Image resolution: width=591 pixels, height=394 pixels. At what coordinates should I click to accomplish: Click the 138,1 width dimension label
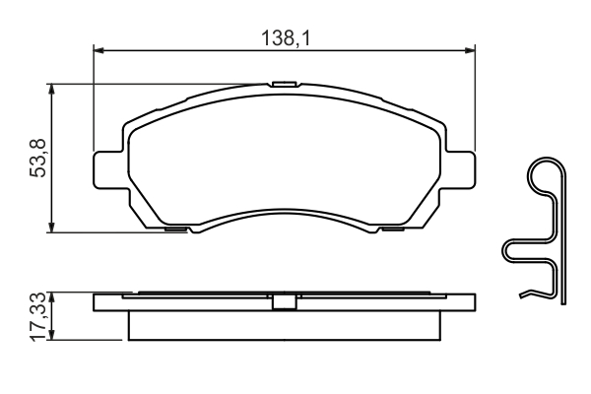tap(286, 38)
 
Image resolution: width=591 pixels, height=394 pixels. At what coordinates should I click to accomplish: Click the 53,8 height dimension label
tap(37, 158)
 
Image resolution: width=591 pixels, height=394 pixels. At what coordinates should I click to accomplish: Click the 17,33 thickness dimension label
tap(39, 317)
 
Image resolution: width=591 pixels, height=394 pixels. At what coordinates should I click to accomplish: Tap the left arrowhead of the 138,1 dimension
tap(98, 50)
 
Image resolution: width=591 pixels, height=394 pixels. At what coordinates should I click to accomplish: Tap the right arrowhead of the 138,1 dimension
tap(470, 50)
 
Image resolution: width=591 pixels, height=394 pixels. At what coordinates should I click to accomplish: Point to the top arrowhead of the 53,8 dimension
tap(51, 89)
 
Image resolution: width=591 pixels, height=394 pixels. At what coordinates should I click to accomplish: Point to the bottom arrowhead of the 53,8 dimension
tap(51, 228)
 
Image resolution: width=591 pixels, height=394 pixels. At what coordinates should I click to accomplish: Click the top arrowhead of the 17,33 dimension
tap(51, 297)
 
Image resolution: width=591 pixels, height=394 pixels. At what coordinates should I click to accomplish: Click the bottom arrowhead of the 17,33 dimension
tap(51, 335)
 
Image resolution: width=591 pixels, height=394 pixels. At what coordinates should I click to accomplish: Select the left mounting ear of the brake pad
tap(108, 168)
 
